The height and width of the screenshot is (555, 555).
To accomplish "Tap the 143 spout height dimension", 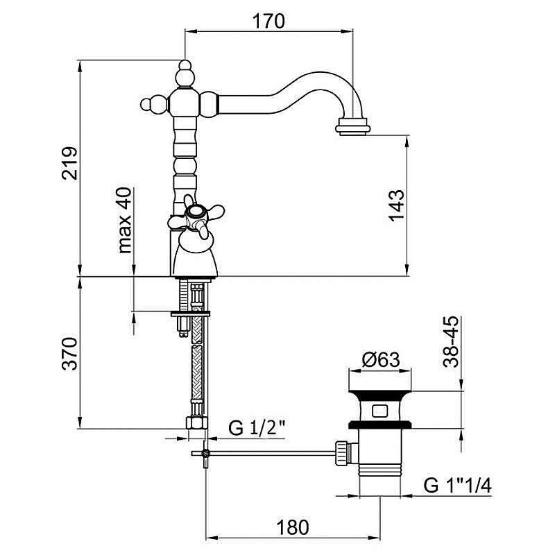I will pyautogui.click(x=396, y=205).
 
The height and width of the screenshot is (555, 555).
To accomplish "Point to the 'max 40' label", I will pyautogui.click(x=125, y=221).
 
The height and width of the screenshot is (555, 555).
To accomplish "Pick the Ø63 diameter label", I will pyautogui.click(x=381, y=361).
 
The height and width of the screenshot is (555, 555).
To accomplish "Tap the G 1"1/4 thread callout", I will pyautogui.click(x=459, y=485).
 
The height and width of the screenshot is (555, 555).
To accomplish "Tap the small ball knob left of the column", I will pyautogui.click(x=148, y=105).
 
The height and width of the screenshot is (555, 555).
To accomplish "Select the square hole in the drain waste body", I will pyautogui.click(x=381, y=409).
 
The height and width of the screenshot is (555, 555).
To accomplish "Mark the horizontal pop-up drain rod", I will pyautogui.click(x=271, y=454).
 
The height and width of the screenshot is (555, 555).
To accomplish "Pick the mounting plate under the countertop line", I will pyautogui.click(x=190, y=314).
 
